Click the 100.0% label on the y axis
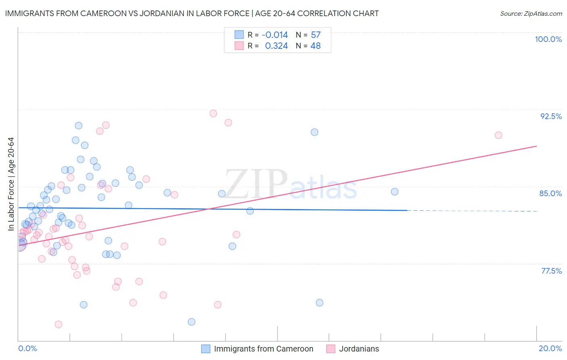point(548,39)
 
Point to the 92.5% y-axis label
point(551,116)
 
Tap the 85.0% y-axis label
point(550,193)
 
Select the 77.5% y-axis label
point(551,271)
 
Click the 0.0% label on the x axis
point(27,348)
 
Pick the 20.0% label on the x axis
point(550,348)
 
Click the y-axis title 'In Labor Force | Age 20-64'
point(11,184)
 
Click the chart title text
point(192,13)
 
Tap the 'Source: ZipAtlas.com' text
point(531,13)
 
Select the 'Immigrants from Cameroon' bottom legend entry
point(263,349)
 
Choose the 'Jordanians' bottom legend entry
point(359,349)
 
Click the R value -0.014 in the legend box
point(275,35)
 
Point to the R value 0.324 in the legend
point(276,46)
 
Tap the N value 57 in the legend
point(316,35)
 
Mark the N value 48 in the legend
point(316,46)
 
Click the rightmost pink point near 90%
point(498,135)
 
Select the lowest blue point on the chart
point(192,322)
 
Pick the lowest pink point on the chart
point(58,324)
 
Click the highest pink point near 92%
point(213,113)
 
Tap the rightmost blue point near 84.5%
point(395,192)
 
